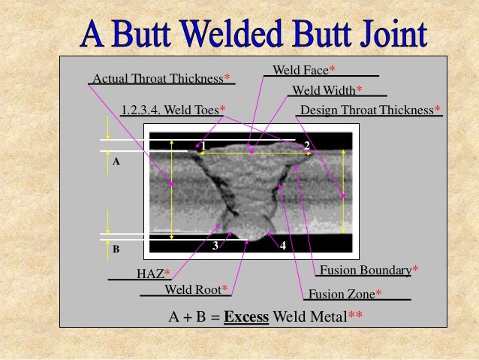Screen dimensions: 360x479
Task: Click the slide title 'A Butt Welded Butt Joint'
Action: pyautogui.click(x=255, y=32)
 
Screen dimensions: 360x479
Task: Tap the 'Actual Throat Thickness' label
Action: pyautogui.click(x=158, y=78)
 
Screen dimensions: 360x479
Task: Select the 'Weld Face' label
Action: pyautogui.click(x=300, y=70)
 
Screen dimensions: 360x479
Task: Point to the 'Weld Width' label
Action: pyautogui.click(x=324, y=90)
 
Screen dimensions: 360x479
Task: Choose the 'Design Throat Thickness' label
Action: pyautogui.click(x=367, y=110)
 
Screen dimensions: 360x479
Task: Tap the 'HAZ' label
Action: pyautogui.click(x=149, y=274)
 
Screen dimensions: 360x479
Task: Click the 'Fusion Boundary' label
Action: pyautogui.click(x=366, y=270)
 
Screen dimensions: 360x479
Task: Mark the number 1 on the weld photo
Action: pyautogui.click(x=203, y=144)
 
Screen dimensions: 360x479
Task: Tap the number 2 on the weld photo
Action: pyautogui.click(x=307, y=144)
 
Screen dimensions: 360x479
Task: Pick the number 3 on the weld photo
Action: pyautogui.click(x=215, y=245)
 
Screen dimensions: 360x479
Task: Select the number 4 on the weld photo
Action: pyautogui.click(x=283, y=245)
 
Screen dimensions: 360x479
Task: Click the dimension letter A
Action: pyautogui.click(x=116, y=162)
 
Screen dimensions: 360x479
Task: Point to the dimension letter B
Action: pyautogui.click(x=116, y=247)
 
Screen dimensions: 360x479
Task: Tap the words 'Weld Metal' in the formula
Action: pyautogui.click(x=309, y=316)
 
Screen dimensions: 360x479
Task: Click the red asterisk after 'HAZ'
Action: pyautogui.click(x=167, y=274)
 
